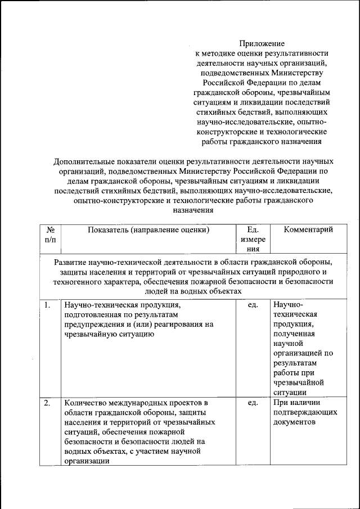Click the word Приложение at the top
262,43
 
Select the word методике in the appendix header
219,53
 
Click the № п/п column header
50,234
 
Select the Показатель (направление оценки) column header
148,229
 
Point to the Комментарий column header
308,229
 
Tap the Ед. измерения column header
253,239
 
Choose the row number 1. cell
48,305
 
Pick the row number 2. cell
48,403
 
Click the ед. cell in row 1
253,305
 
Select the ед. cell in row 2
253,403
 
